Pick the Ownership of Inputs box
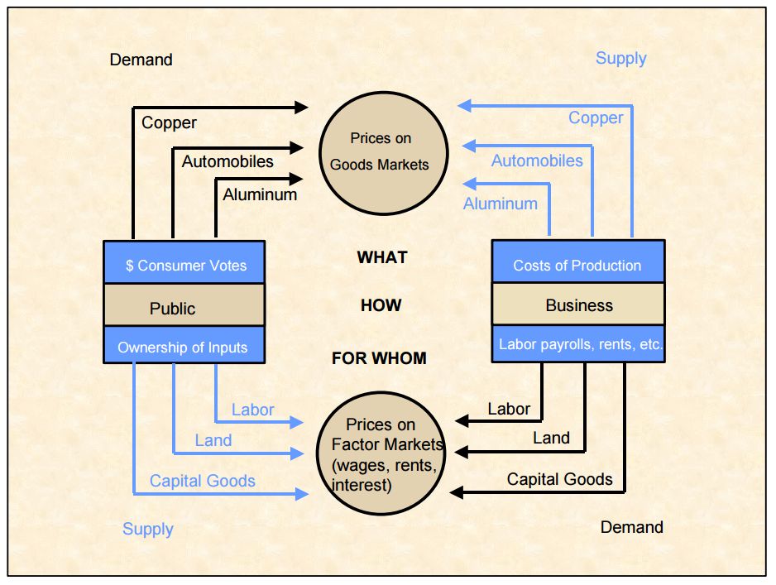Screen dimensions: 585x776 tap(184, 346)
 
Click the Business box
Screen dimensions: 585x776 tap(577, 304)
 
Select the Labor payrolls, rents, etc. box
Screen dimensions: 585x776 tap(577, 344)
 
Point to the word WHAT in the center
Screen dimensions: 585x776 tap(382, 257)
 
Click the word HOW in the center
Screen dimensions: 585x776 tap(381, 305)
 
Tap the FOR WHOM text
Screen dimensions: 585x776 tap(379, 358)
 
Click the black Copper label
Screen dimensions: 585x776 tap(169, 123)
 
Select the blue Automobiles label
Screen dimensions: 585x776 tap(537, 161)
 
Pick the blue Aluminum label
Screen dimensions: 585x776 tap(501, 204)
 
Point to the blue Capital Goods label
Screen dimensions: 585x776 tap(203, 481)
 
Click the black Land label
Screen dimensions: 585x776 tap(551, 439)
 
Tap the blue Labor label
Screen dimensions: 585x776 tap(252, 410)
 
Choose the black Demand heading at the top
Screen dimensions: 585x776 tap(141, 60)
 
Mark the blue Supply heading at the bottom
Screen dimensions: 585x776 tap(148, 530)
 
